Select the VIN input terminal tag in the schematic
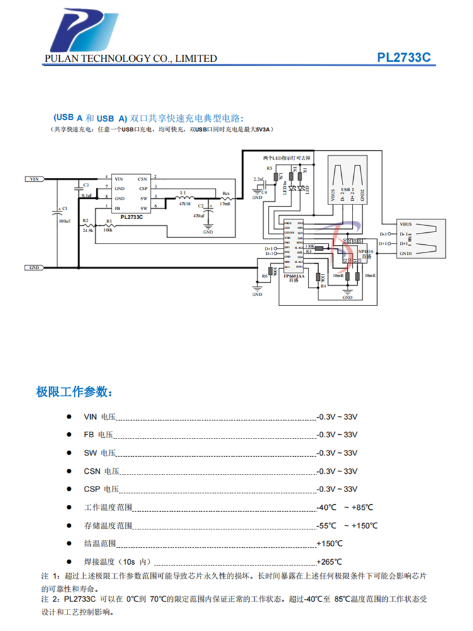click(x=35, y=179)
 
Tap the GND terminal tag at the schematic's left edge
click(x=35, y=268)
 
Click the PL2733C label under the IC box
click(x=132, y=216)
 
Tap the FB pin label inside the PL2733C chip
click(x=117, y=208)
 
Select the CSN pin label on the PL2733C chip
click(x=143, y=179)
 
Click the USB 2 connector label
click(x=345, y=189)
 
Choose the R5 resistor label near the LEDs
click(x=269, y=168)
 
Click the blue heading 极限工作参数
click(x=75, y=392)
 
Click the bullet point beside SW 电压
click(x=69, y=453)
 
